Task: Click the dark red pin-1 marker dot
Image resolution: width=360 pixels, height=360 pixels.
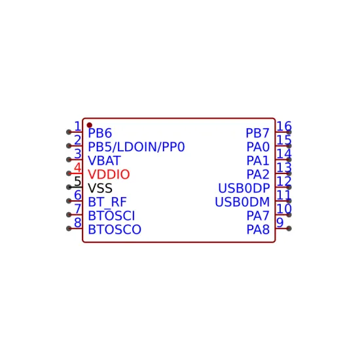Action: pyautogui.click(x=89, y=125)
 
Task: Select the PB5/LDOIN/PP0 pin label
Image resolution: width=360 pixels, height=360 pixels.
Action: pyautogui.click(x=136, y=147)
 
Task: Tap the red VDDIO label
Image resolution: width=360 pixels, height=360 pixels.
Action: pyautogui.click(x=109, y=175)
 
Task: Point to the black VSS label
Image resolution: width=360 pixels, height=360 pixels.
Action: pyautogui.click(x=100, y=189)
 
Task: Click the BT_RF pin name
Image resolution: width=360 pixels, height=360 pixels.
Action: pyautogui.click(x=107, y=202)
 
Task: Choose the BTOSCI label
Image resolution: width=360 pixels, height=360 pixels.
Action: pyautogui.click(x=111, y=216)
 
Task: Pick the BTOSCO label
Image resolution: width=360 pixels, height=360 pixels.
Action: pyautogui.click(x=115, y=230)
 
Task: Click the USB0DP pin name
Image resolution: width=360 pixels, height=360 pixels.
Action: pyautogui.click(x=244, y=189)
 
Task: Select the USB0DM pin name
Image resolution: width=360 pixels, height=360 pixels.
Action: pyautogui.click(x=242, y=202)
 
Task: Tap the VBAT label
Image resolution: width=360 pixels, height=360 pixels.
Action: pyautogui.click(x=104, y=161)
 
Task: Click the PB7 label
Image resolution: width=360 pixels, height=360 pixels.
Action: pyautogui.click(x=257, y=133)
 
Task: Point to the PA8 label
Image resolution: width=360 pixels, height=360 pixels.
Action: pyautogui.click(x=258, y=230)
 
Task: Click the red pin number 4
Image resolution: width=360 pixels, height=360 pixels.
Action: pyautogui.click(x=78, y=168)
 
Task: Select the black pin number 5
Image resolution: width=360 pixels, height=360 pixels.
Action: pyautogui.click(x=78, y=181)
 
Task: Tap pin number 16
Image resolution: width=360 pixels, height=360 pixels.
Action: pyautogui.click(x=284, y=126)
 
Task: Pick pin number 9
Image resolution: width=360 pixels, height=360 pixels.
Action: pyautogui.click(x=280, y=223)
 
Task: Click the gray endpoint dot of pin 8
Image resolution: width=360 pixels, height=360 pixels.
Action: pyautogui.click(x=69, y=228)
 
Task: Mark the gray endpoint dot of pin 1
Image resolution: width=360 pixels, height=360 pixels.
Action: pyautogui.click(x=69, y=132)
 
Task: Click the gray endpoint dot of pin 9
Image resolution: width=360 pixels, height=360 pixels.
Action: pyautogui.click(x=289, y=228)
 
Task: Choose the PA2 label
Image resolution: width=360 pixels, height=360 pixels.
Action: pyautogui.click(x=258, y=175)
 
